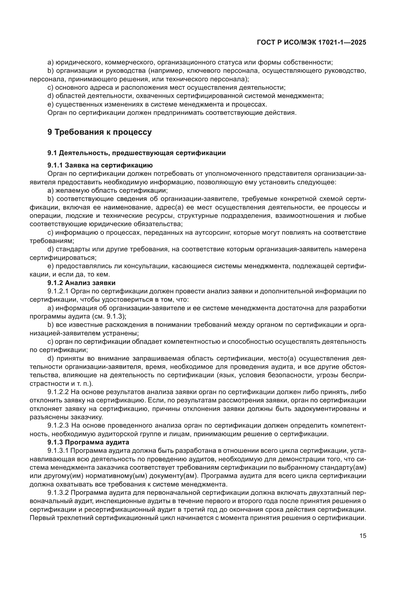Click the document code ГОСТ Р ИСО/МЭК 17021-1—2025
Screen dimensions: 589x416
[x=311, y=43]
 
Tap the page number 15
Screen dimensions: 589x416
[x=363, y=536]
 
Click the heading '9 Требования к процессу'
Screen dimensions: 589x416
[x=100, y=132]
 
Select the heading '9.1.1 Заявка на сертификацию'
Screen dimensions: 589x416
[x=100, y=165]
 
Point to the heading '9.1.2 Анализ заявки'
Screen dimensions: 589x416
[x=81, y=283]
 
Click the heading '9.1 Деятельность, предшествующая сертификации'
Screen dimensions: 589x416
[x=137, y=153]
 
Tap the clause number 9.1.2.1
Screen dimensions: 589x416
[x=58, y=291]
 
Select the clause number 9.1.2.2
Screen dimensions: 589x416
[x=58, y=392]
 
